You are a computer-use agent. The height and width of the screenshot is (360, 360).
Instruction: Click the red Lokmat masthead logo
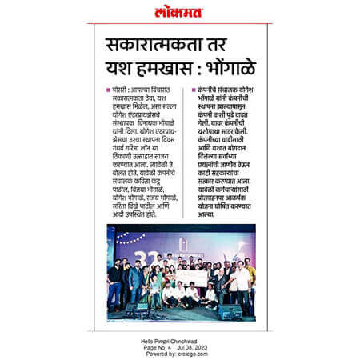pyautogui.click(x=179, y=12)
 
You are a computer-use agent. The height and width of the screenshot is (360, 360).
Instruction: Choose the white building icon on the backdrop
pyautogui.click(x=183, y=240)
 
